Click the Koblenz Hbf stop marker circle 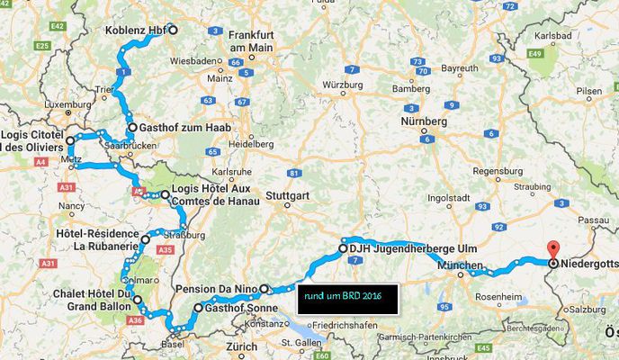(x=174, y=30)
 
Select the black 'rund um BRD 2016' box (x=346, y=301)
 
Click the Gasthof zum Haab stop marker (x=132, y=128)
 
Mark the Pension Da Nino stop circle (x=265, y=289)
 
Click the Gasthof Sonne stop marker (x=198, y=308)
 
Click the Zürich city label (x=242, y=346)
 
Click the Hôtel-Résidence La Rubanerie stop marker (x=144, y=239)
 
